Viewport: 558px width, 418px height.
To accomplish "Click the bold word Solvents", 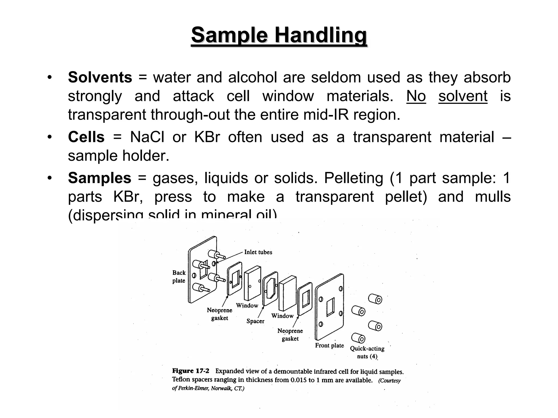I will pos(100,77).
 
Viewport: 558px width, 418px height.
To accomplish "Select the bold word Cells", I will pos(86,137).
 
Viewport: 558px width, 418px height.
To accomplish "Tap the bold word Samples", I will pos(99,178).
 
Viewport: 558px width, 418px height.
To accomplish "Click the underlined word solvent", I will pos(463,96).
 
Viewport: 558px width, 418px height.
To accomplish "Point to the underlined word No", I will pos(416,96).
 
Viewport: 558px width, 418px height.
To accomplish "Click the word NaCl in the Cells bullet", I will pos(147,137).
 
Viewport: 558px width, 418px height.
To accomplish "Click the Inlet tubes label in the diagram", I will pos(258,252).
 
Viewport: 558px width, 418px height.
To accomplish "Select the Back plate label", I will pos(179,277).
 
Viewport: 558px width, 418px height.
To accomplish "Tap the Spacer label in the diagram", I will pos(255,321).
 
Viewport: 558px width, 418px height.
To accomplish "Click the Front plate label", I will pos(329,346).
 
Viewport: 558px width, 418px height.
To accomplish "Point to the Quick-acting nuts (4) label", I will pos(367,352).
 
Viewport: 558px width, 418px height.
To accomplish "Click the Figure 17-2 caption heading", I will pos(190,371).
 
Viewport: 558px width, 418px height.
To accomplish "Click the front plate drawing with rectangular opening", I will pos(329,308).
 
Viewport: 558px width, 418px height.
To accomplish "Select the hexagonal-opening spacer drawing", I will pos(270,289).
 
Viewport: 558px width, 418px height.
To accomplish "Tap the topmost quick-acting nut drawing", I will pos(375,299).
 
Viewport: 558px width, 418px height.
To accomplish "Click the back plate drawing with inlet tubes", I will pos(202,270).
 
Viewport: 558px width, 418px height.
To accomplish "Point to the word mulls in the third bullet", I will pos(493,197).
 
